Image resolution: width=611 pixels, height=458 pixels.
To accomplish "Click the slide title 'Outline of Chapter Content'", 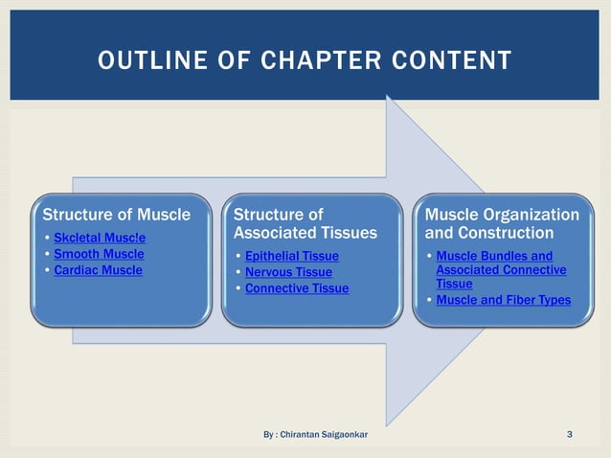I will [x=305, y=61].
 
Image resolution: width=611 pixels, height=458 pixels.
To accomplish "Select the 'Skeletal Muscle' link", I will [x=100, y=237].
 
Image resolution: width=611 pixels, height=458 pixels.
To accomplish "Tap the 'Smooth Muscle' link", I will [x=99, y=254].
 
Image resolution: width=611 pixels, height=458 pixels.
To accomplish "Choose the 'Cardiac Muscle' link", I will [x=98, y=270].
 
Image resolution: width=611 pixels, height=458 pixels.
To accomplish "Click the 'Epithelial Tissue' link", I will [x=291, y=257].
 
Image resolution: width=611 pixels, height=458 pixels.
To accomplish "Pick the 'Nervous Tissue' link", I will [x=288, y=273].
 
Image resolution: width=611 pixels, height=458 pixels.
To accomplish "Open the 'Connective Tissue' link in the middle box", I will [x=297, y=288].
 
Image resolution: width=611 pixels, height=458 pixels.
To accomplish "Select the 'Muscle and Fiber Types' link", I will [x=503, y=301].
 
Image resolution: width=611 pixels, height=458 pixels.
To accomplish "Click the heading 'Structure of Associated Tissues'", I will [x=291, y=223].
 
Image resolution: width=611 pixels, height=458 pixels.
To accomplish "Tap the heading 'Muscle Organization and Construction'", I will [x=501, y=223].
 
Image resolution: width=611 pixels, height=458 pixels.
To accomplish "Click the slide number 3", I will [x=570, y=435].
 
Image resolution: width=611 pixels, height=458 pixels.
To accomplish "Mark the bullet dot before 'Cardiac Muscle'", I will [x=48, y=271].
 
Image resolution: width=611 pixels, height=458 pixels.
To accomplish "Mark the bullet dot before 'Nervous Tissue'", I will [x=238, y=273].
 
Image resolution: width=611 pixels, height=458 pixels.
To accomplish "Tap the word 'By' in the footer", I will [x=269, y=435].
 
